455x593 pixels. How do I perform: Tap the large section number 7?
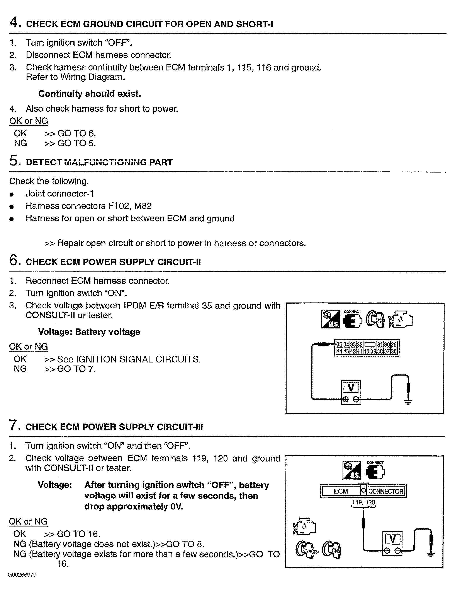(14, 425)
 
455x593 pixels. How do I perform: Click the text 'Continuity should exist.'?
(89, 94)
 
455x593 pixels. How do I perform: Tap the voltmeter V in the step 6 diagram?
(351, 388)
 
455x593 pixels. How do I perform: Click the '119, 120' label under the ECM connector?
(363, 502)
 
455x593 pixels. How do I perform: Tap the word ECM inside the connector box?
(341, 491)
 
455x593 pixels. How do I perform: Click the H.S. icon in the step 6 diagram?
(330, 319)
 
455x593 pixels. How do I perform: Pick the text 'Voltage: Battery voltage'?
(89, 332)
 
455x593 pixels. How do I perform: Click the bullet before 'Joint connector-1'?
(11, 194)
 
